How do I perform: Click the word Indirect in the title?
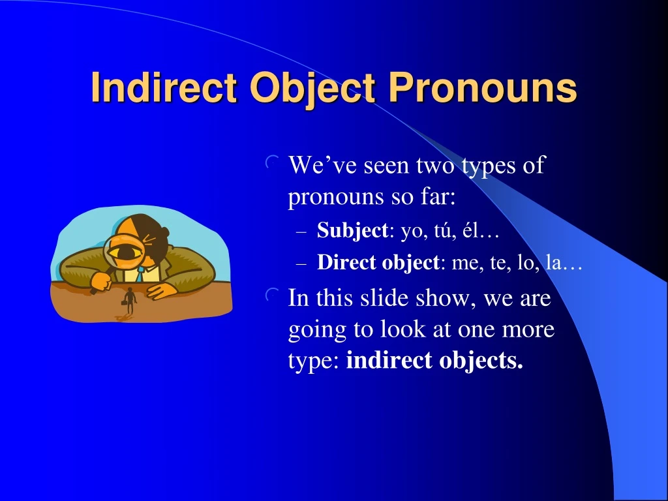click(164, 87)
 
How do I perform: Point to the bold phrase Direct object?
click(378, 263)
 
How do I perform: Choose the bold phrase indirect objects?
click(434, 361)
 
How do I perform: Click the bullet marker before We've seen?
click(272, 162)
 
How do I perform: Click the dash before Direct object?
click(301, 264)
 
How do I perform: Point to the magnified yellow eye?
click(126, 251)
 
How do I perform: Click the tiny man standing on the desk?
click(129, 301)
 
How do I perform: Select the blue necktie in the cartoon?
click(140, 274)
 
